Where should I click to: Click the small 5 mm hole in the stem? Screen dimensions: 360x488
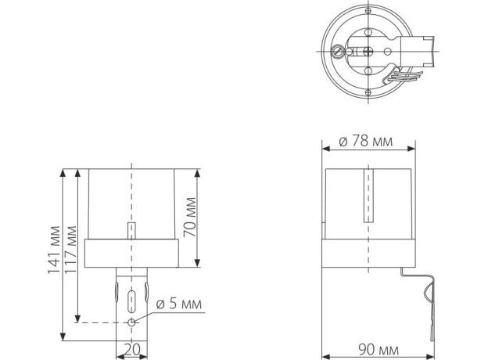(131, 322)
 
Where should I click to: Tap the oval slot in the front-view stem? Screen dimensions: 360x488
(131, 298)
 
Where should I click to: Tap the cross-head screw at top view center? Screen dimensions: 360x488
(367, 51)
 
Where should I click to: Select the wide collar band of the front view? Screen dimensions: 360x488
(131, 252)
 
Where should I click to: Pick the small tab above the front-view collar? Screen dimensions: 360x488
(131, 232)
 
